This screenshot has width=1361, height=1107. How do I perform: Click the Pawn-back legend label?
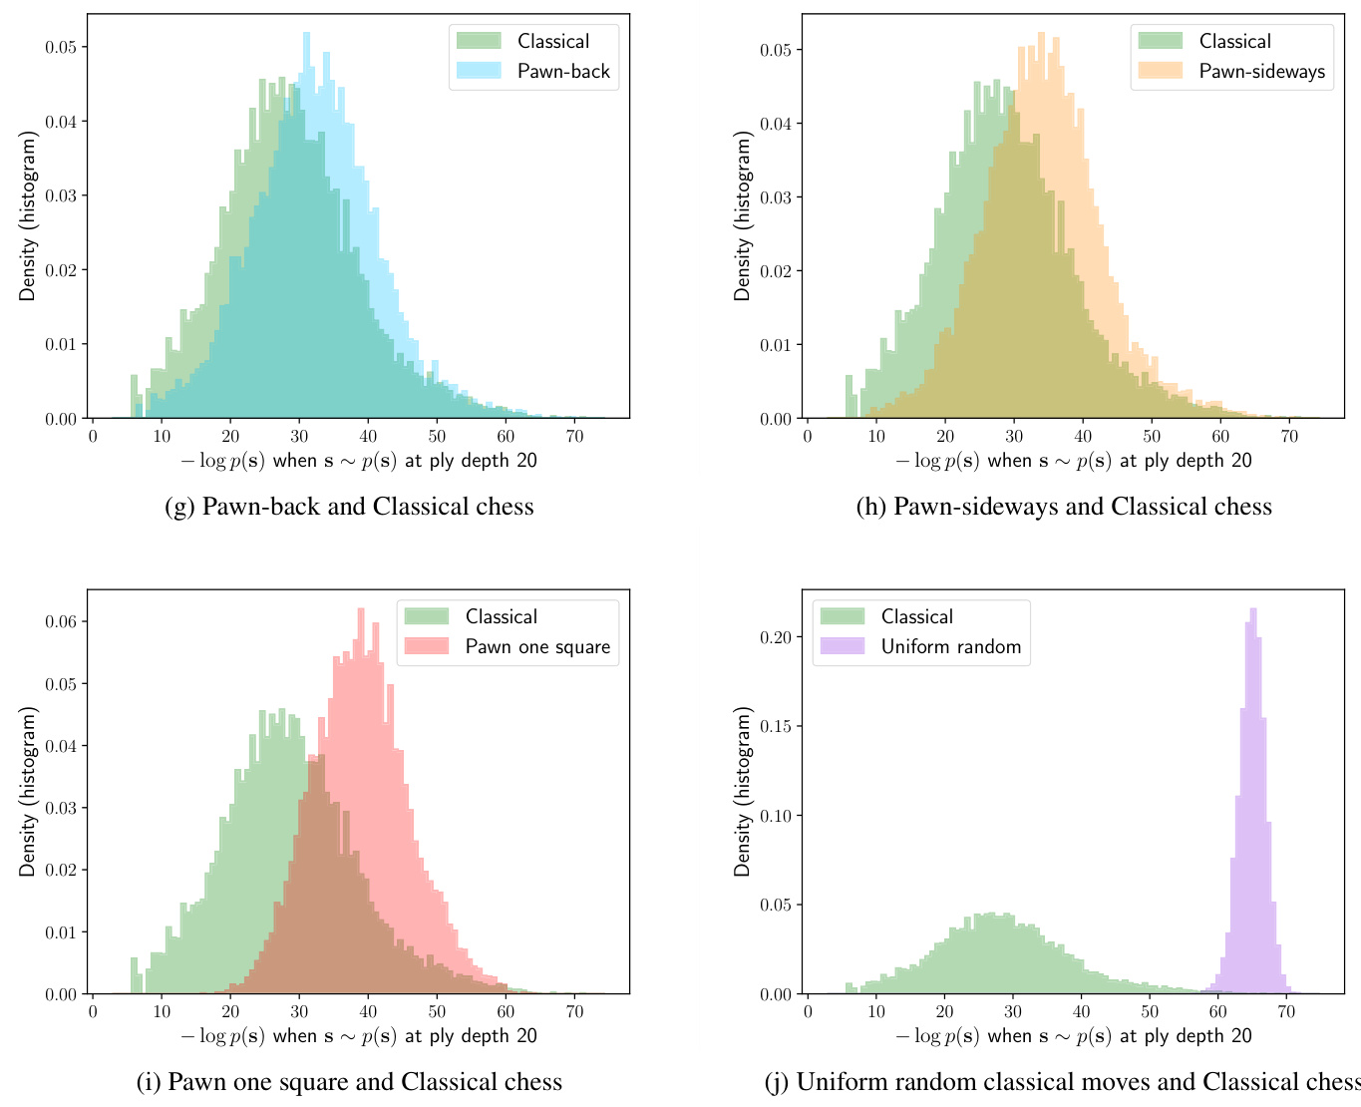click(563, 72)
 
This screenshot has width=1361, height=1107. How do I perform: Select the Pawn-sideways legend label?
click(1261, 72)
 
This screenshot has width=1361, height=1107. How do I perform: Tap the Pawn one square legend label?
click(537, 647)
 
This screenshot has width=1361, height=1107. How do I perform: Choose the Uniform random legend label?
click(951, 647)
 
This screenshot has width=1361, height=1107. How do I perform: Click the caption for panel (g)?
click(349, 507)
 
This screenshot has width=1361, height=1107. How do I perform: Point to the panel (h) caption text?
click(1064, 507)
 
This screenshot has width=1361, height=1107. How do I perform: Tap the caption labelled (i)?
click(349, 1082)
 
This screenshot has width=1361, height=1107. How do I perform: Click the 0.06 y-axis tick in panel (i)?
click(62, 621)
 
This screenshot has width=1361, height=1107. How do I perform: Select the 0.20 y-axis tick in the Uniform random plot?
click(776, 637)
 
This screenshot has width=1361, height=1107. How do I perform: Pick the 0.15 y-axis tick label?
click(776, 726)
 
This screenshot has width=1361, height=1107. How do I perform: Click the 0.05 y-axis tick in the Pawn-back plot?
click(62, 47)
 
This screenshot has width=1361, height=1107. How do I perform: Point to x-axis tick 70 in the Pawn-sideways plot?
click(1288, 437)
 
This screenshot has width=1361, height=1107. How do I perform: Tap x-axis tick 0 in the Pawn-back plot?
click(93, 437)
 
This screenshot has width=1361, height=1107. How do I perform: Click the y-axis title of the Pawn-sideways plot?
click(743, 215)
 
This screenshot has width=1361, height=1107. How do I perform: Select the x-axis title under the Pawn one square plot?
click(358, 1036)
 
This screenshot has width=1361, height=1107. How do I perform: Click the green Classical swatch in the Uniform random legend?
click(843, 617)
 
